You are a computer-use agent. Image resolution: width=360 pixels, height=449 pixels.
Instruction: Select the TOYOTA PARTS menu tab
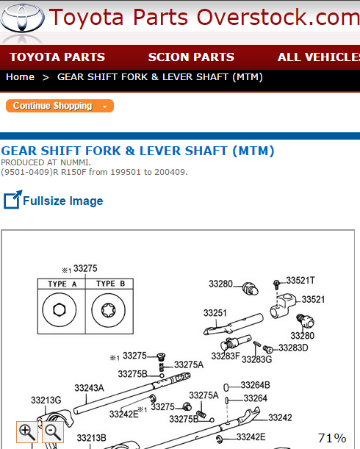pyautogui.click(x=57, y=57)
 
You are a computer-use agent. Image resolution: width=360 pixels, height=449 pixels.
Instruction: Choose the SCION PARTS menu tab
pyautogui.click(x=191, y=57)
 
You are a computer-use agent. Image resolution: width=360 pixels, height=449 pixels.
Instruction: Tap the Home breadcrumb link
pyautogui.click(x=20, y=76)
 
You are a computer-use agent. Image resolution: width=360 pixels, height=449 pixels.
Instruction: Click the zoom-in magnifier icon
pyautogui.click(x=27, y=432)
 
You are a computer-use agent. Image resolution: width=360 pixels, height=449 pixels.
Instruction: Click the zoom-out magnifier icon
pyautogui.click(x=53, y=432)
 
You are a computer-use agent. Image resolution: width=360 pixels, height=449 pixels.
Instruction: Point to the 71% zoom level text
pyautogui.click(x=332, y=438)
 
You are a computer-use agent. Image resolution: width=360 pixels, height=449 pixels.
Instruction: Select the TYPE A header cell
pyautogui.click(x=62, y=284)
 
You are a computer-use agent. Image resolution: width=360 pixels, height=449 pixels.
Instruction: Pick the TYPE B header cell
pyautogui.click(x=109, y=284)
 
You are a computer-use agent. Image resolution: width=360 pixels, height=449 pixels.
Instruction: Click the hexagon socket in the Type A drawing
pyautogui.click(x=60, y=309)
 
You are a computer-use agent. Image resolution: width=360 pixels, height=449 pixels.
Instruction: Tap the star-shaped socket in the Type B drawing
pyautogui.click(x=109, y=310)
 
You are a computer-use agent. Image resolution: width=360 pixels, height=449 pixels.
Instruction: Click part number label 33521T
pyautogui.click(x=300, y=280)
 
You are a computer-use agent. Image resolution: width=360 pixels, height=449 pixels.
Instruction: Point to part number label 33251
pyautogui.click(x=215, y=313)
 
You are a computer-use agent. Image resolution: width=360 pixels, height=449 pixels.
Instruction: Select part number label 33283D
pyautogui.click(x=293, y=348)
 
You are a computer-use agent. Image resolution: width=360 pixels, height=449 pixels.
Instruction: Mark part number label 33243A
pyautogui.click(x=89, y=388)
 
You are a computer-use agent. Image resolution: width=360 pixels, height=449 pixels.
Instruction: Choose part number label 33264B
pyautogui.click(x=256, y=385)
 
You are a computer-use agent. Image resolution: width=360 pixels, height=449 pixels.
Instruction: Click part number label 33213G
pyautogui.click(x=46, y=400)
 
